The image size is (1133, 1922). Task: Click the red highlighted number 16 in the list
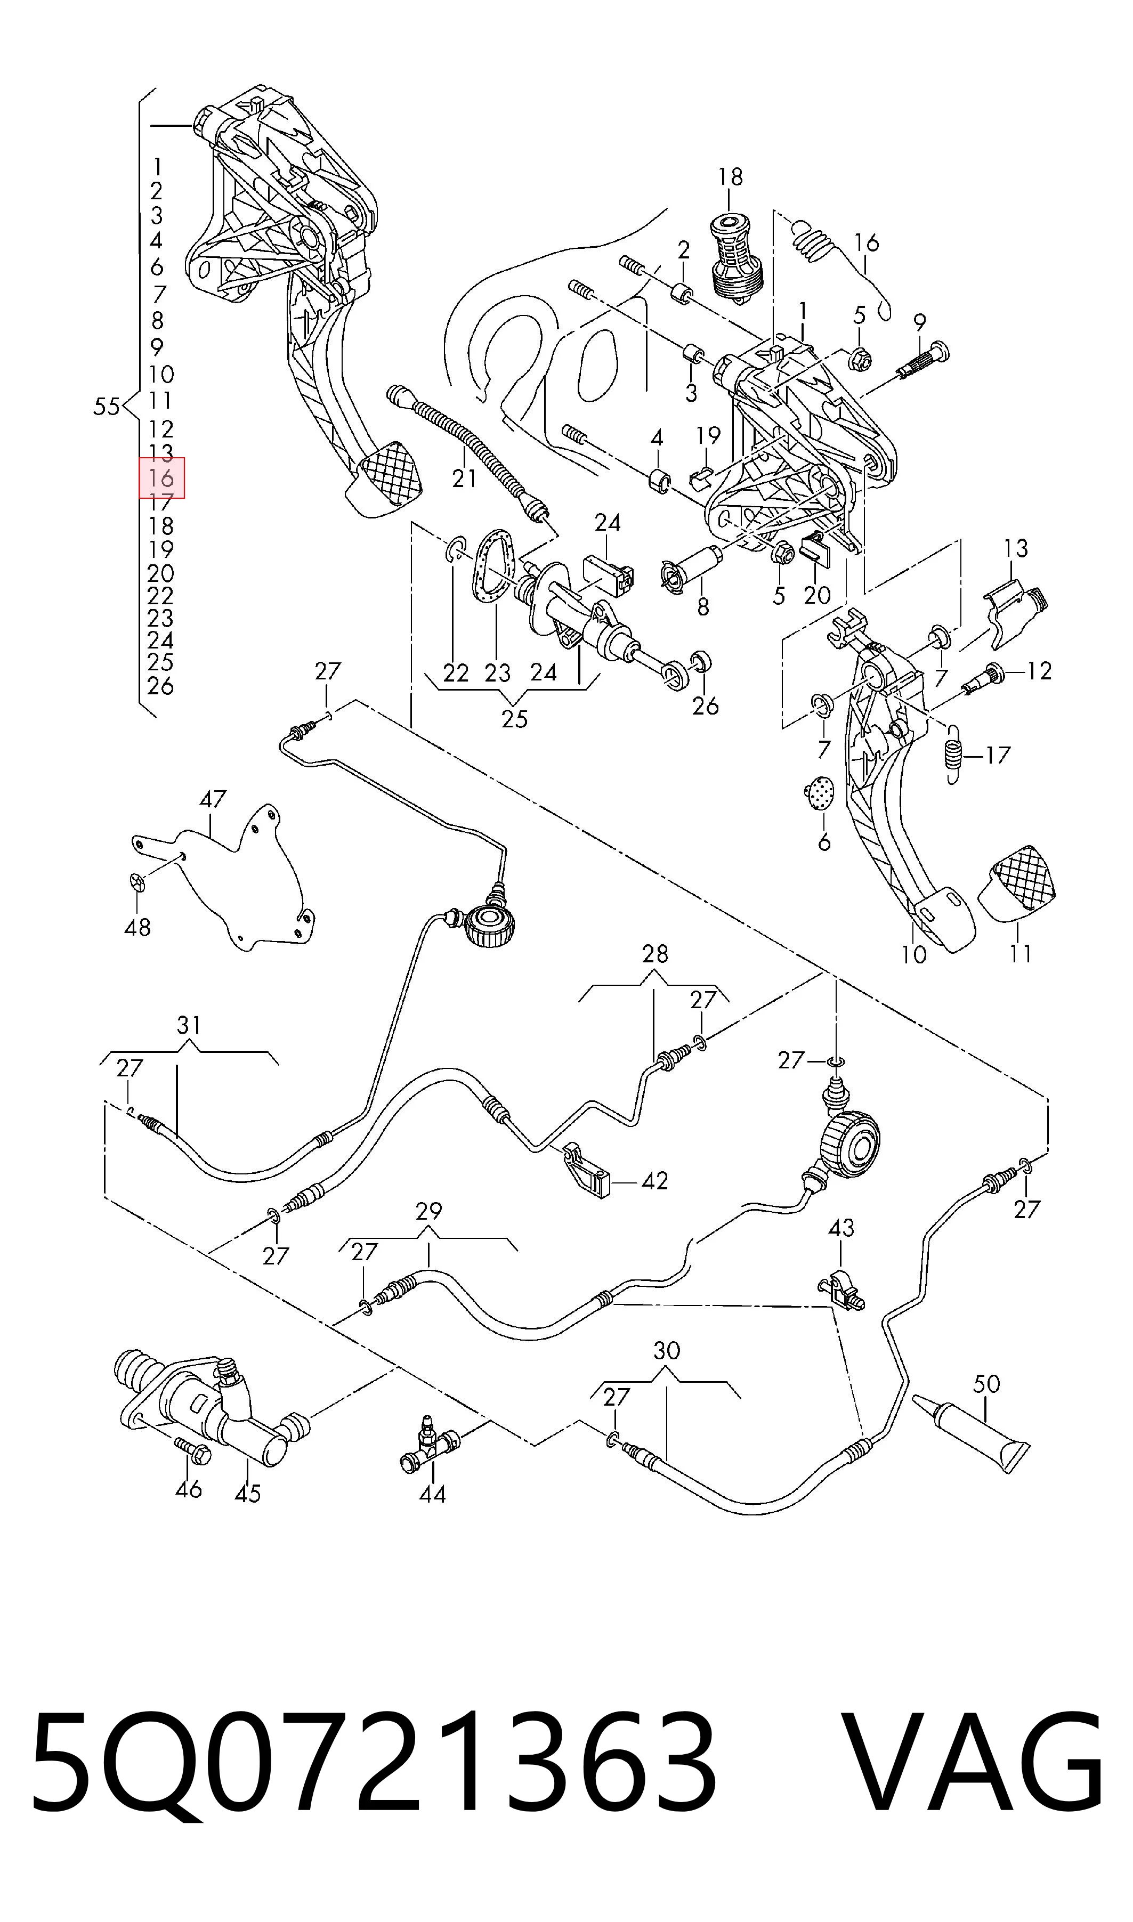161,478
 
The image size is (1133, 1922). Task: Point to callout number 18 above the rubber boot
730,176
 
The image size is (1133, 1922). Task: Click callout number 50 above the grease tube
986,1383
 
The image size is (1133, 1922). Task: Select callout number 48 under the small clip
137,927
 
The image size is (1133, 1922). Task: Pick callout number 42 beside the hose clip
654,1181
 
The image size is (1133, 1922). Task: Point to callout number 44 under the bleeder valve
432,1494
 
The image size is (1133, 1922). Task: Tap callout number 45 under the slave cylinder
247,1494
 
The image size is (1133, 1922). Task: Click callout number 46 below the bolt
189,1488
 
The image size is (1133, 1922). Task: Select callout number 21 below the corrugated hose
464,478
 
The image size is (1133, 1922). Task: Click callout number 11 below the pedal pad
1020,953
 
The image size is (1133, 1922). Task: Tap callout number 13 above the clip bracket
1015,548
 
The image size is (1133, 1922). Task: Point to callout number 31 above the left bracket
189,1025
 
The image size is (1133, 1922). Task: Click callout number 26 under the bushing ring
706,705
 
